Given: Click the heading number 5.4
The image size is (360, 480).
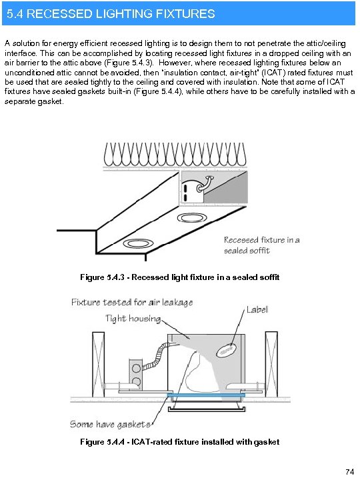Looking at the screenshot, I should pyautogui.click(x=15, y=13).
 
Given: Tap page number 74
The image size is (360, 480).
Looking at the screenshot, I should pyautogui.click(x=349, y=472).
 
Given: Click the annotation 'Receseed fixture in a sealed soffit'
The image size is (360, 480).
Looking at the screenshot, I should pyautogui.click(x=261, y=245).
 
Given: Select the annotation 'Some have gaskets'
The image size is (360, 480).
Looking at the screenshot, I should pyautogui.click(x=111, y=424).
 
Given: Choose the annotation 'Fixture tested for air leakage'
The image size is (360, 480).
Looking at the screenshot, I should pyautogui.click(x=132, y=302).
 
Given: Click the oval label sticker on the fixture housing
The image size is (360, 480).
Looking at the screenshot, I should pyautogui.click(x=227, y=348).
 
